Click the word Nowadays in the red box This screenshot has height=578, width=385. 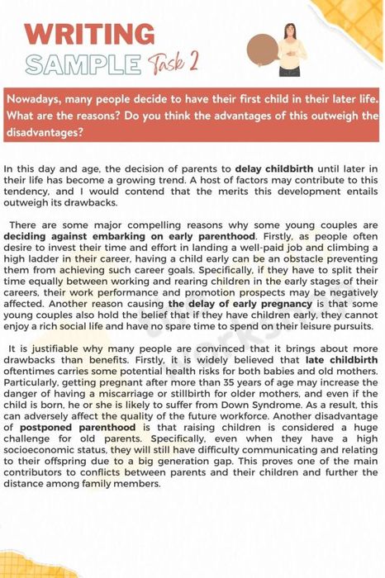[36, 100]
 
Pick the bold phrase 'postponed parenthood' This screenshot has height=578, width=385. [74, 429]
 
